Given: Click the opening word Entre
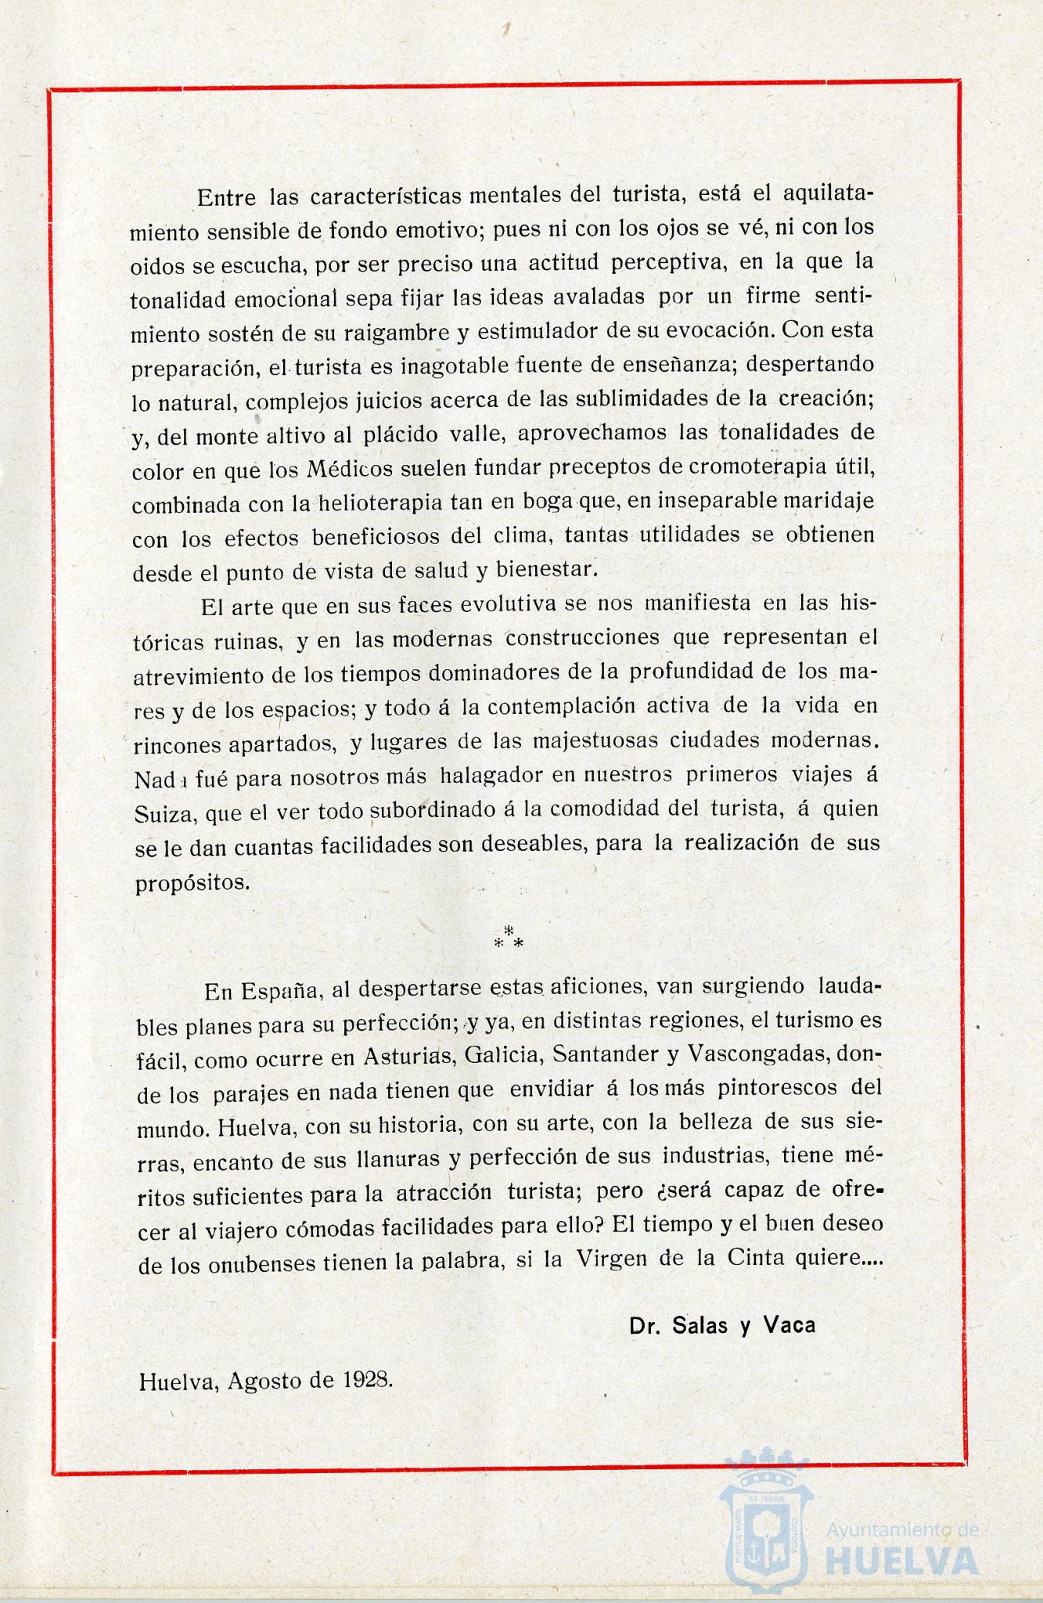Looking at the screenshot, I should (x=226, y=196).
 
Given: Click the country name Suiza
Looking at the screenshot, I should (x=164, y=812).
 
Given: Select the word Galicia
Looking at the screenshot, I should (x=503, y=1055).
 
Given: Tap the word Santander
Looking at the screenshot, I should (x=605, y=1054).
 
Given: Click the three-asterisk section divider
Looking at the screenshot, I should (x=509, y=936).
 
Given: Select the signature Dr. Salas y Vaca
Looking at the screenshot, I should (x=721, y=1324).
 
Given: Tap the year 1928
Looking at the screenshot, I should (x=367, y=1379).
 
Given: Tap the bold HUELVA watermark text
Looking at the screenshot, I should (x=901, y=1561).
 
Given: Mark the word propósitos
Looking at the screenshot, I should (x=182, y=882).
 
